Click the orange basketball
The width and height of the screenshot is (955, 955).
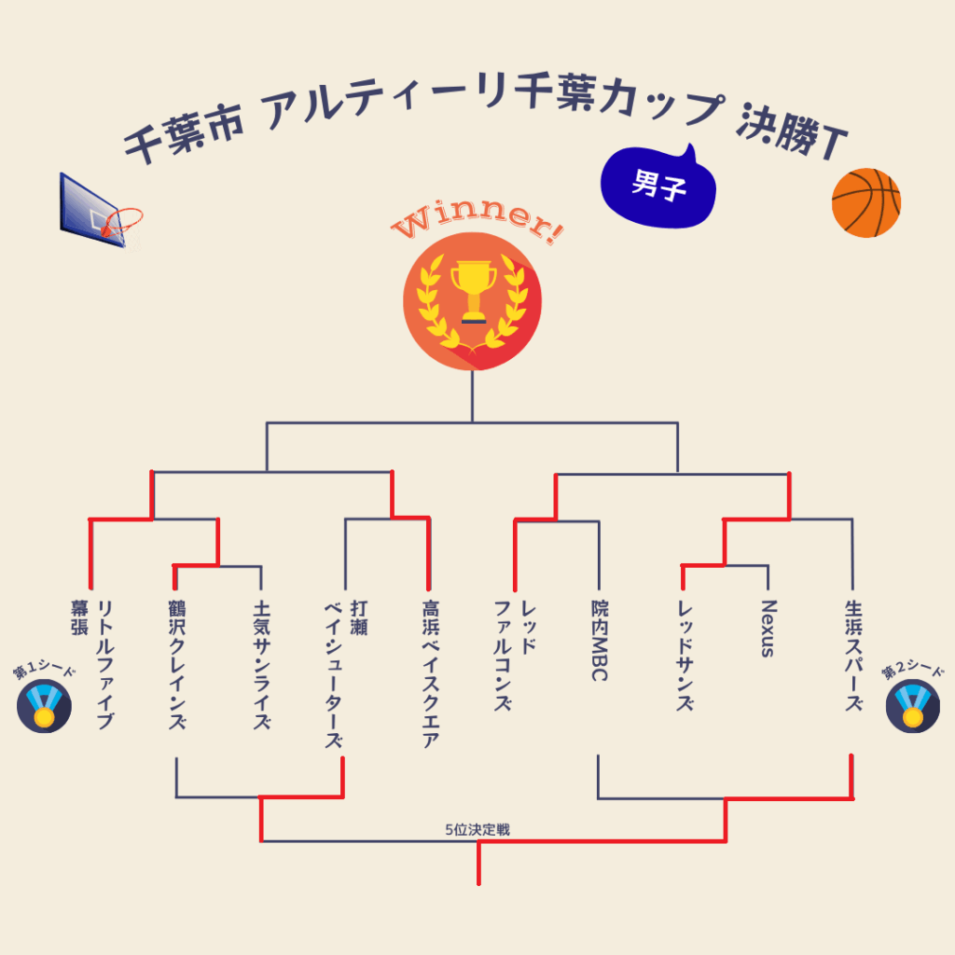(x=865, y=202)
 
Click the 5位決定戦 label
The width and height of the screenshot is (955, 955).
(x=477, y=829)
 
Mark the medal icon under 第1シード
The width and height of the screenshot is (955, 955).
(x=44, y=706)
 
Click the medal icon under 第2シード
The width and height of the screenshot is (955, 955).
(x=911, y=706)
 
